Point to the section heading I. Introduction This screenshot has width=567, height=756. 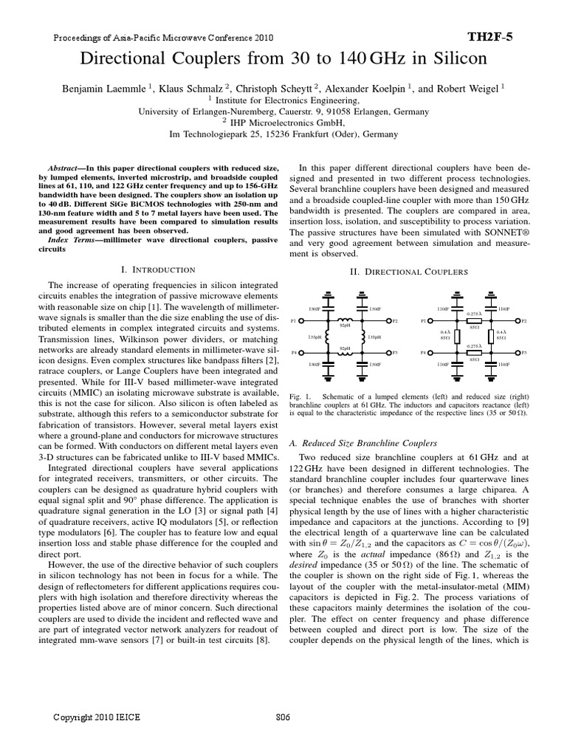coord(157,270)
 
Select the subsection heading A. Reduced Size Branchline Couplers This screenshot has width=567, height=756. coord(364,443)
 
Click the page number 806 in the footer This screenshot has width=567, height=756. coord(283,716)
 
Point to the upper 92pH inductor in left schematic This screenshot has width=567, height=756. coord(344,319)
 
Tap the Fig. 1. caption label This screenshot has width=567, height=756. coord(298,397)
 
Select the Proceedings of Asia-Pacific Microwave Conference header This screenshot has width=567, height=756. coord(162,36)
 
